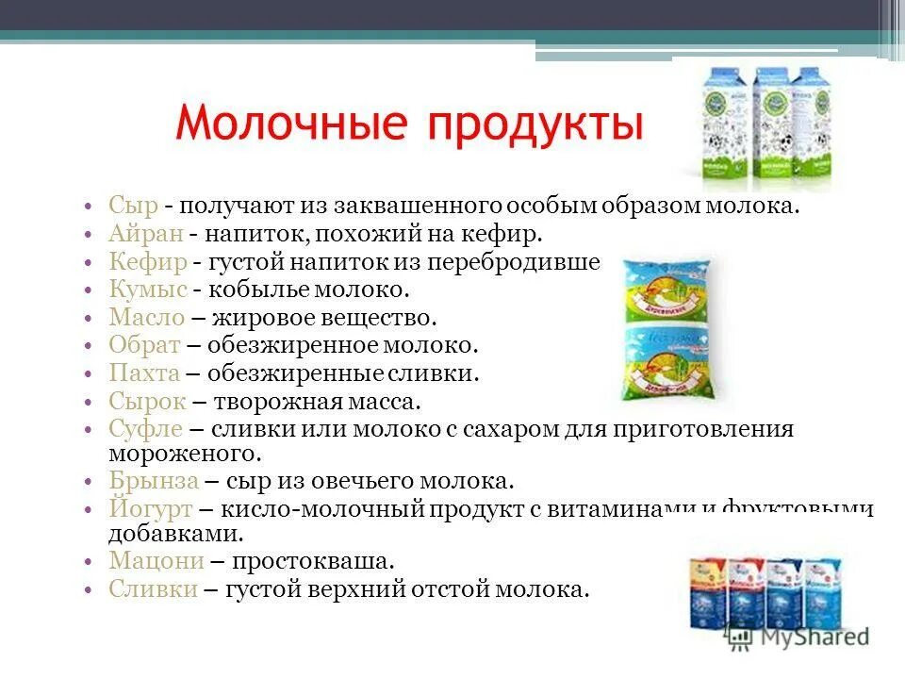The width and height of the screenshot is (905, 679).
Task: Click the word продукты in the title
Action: click(534, 125)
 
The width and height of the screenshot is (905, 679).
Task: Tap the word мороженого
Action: click(183, 454)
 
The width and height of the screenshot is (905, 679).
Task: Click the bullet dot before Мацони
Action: click(87, 562)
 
